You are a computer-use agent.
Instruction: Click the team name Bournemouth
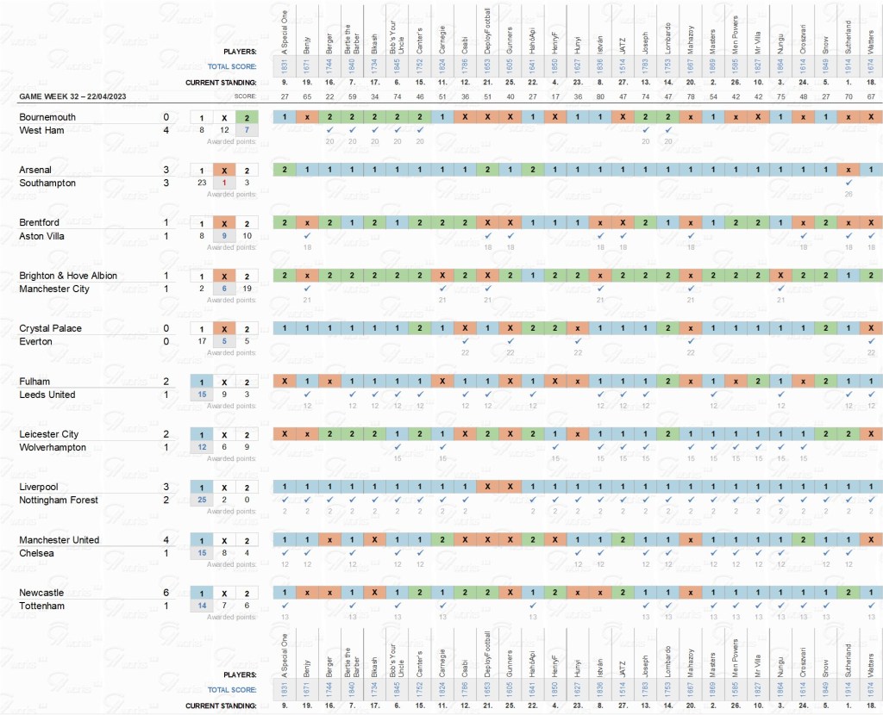click(47, 117)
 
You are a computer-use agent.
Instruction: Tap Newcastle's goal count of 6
click(166, 593)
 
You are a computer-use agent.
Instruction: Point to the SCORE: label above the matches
click(246, 95)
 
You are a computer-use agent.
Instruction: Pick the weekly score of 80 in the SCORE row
click(600, 96)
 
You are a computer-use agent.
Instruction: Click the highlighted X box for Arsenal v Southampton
click(224, 170)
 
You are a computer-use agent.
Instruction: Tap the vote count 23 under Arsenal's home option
click(201, 183)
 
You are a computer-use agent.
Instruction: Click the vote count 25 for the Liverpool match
click(201, 500)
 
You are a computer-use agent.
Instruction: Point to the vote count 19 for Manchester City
click(247, 289)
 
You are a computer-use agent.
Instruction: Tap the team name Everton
click(39, 341)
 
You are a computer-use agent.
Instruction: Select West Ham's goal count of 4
click(166, 130)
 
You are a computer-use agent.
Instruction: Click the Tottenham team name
click(45, 606)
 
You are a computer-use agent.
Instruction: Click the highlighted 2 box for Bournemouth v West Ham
click(247, 117)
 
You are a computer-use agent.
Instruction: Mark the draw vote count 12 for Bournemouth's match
click(224, 130)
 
